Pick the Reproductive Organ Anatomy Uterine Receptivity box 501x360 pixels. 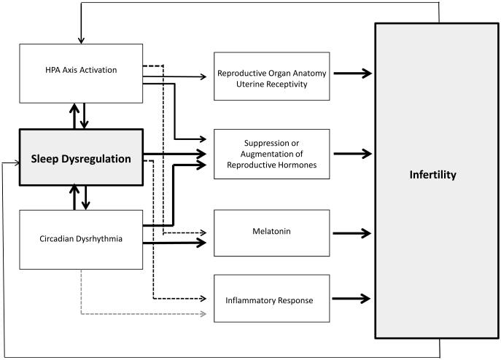[271, 76]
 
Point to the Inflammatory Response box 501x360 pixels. [271, 299]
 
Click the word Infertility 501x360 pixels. [432, 175]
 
